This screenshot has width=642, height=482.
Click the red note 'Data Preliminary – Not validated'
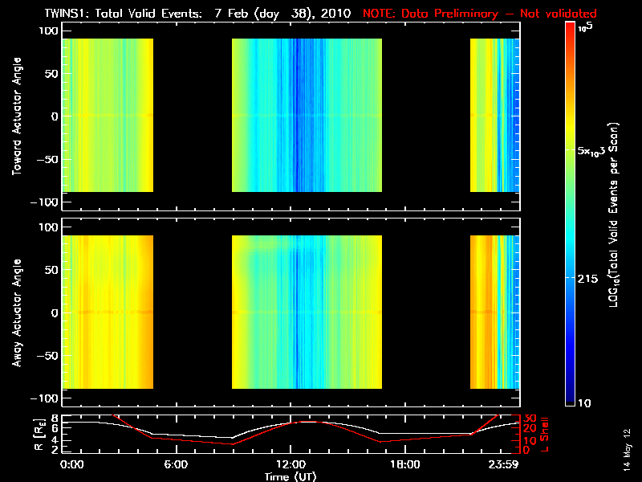click(x=480, y=14)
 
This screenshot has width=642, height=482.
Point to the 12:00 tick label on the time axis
click(x=290, y=464)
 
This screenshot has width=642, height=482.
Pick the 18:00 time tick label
click(x=404, y=464)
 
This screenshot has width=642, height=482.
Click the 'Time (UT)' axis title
click(x=290, y=476)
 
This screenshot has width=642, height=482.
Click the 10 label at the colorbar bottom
click(x=586, y=402)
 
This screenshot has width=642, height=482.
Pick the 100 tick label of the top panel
click(x=50, y=31)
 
